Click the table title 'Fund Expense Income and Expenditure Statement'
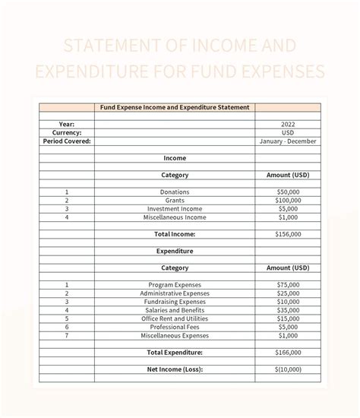[175, 107]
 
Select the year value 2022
[288, 124]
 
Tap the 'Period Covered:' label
[67, 141]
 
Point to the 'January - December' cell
[288, 141]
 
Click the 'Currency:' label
[67, 132]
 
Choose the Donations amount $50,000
[288, 192]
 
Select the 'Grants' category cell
[175, 201]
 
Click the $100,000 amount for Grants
[288, 201]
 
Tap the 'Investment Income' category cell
[175, 209]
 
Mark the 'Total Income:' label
[175, 234]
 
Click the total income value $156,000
[288, 234]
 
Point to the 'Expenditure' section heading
[175, 251]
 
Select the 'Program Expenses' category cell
[175, 285]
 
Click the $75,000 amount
[288, 285]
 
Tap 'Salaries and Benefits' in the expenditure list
[175, 310]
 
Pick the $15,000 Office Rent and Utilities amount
[288, 318]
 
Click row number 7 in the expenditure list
[67, 335]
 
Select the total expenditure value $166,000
[288, 353]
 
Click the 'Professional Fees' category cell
[175, 327]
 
